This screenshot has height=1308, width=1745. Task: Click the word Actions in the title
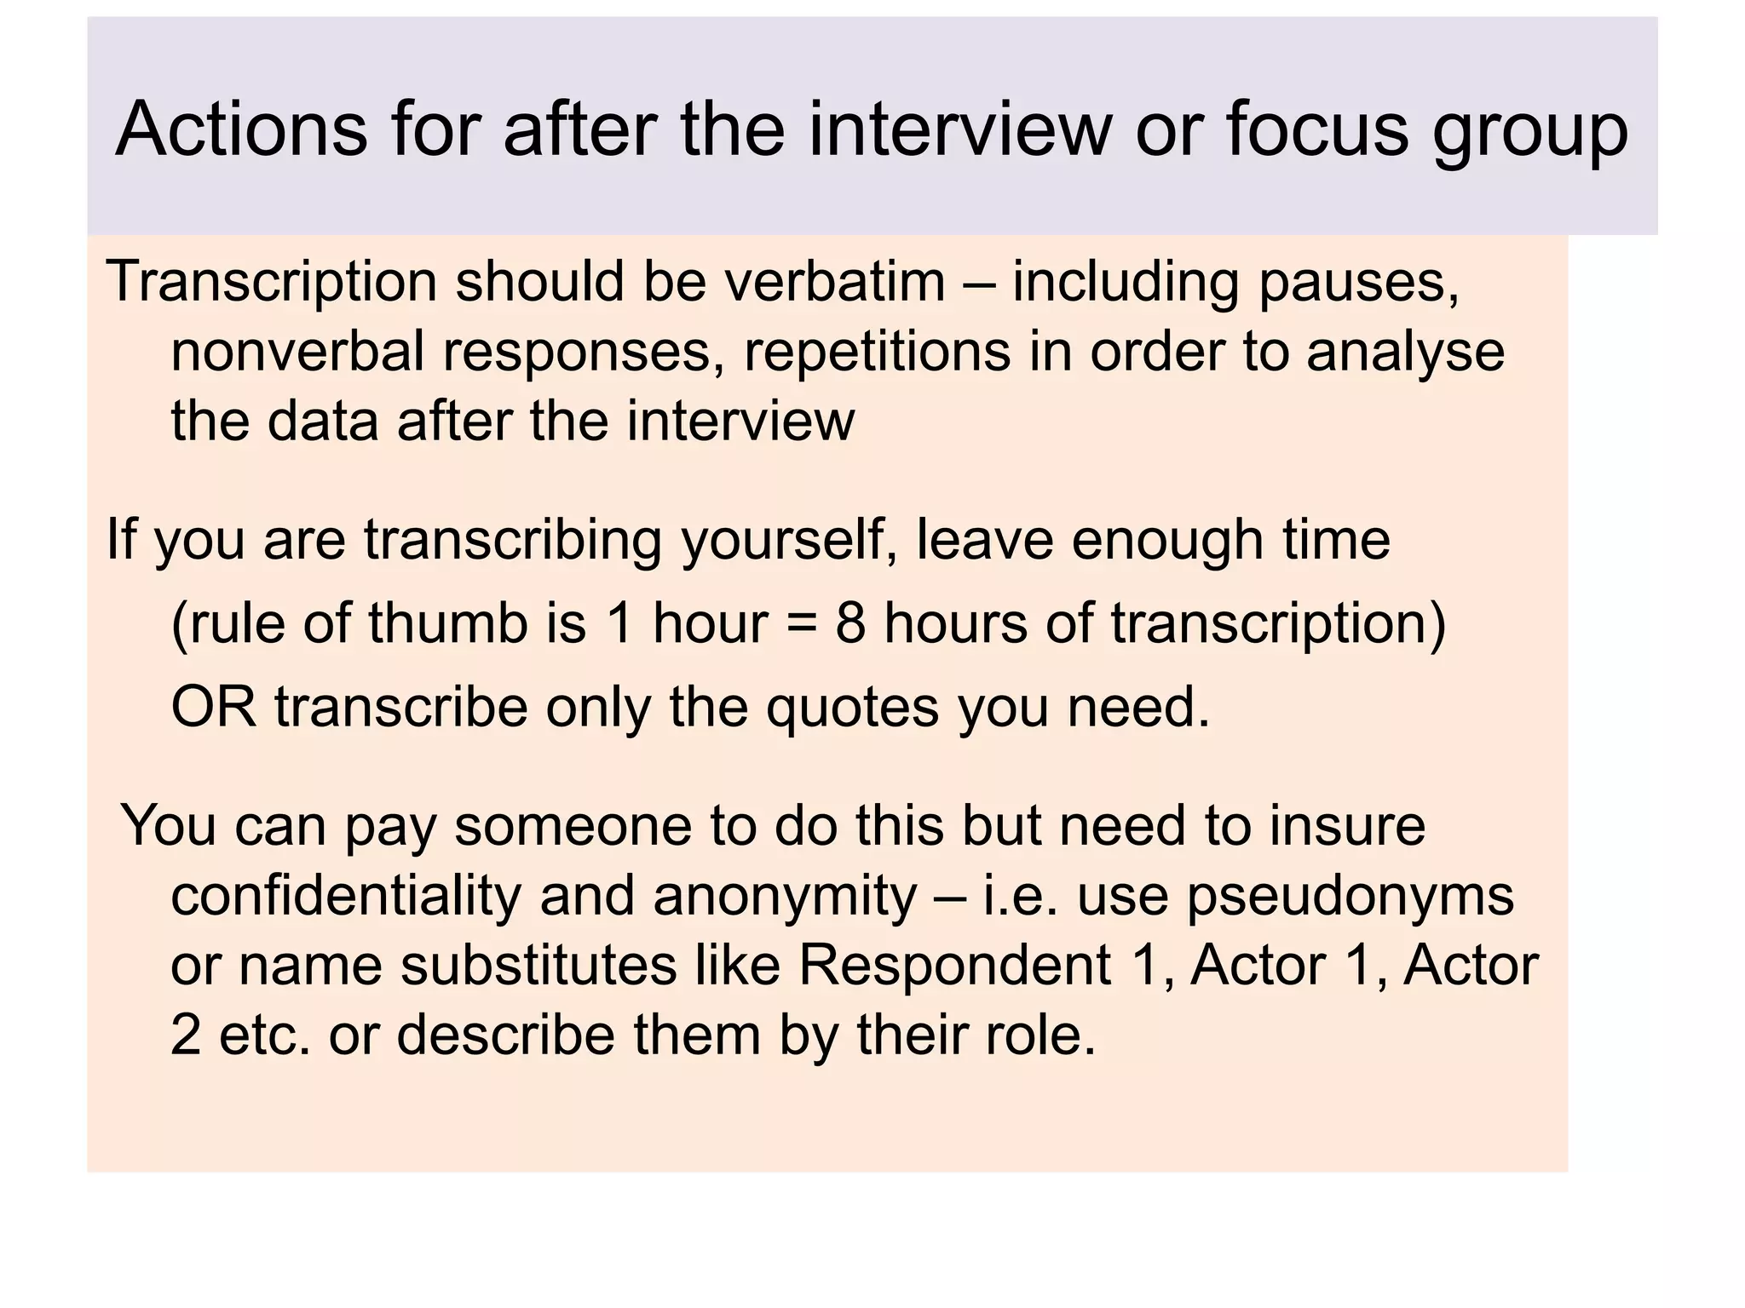click(x=241, y=129)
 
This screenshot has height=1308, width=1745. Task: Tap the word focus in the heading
click(x=1317, y=129)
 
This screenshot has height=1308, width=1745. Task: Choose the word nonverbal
click(x=297, y=352)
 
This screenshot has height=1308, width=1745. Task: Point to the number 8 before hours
click(x=850, y=623)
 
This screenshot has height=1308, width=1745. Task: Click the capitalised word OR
click(x=214, y=707)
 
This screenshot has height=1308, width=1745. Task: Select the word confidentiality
click(x=346, y=896)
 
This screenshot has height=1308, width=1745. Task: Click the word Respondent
click(x=954, y=967)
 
